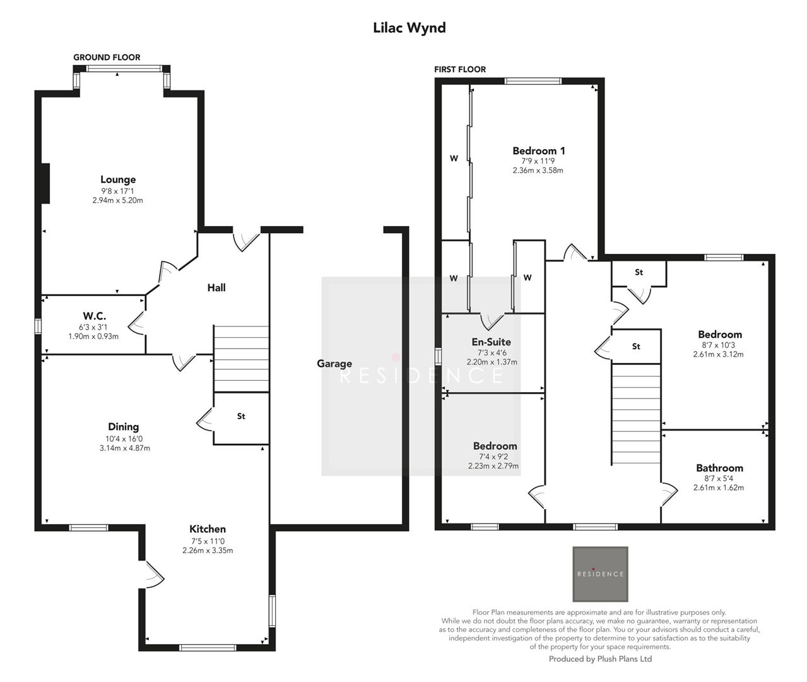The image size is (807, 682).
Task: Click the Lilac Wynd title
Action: tap(409, 28)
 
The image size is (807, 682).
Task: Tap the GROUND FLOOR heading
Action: tap(107, 57)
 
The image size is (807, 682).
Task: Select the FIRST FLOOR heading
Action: tap(460, 69)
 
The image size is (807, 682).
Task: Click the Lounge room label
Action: tap(118, 180)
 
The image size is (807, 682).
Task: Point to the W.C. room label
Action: tap(94, 316)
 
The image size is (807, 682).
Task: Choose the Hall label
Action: tap(216, 288)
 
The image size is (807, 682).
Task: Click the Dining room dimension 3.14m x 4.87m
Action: tap(124, 448)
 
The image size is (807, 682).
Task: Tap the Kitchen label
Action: tap(208, 529)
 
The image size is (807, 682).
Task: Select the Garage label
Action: tap(334, 364)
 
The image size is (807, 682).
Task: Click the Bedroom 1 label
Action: tap(538, 151)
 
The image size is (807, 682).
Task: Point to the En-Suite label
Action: tap(492, 342)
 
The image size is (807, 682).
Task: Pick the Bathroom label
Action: tap(719, 468)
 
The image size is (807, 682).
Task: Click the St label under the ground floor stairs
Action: tap(241, 417)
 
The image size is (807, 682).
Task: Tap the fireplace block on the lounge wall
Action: tap(45, 183)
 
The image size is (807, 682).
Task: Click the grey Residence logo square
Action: tap(600, 574)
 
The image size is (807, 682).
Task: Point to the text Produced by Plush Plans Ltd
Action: tap(600, 659)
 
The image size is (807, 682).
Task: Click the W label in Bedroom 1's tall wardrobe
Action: tap(454, 159)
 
